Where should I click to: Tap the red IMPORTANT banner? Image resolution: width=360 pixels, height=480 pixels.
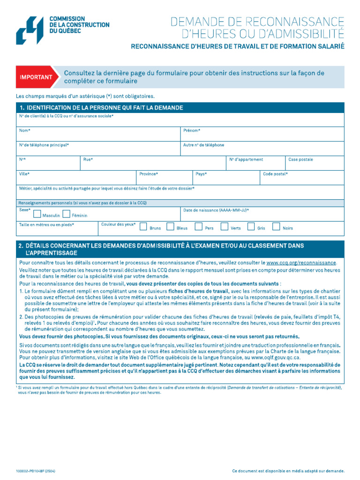[x=37, y=77]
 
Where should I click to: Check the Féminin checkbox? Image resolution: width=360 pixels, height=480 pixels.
[x=67, y=214]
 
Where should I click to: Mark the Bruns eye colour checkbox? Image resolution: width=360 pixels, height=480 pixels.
[x=144, y=227]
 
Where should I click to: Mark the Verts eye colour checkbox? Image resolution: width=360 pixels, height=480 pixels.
[x=225, y=227]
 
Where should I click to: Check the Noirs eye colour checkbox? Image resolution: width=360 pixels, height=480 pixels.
[x=277, y=227]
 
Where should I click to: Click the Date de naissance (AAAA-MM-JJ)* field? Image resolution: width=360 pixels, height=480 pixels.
[x=262, y=215]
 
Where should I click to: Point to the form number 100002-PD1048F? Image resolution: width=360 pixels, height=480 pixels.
[x=36, y=470]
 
